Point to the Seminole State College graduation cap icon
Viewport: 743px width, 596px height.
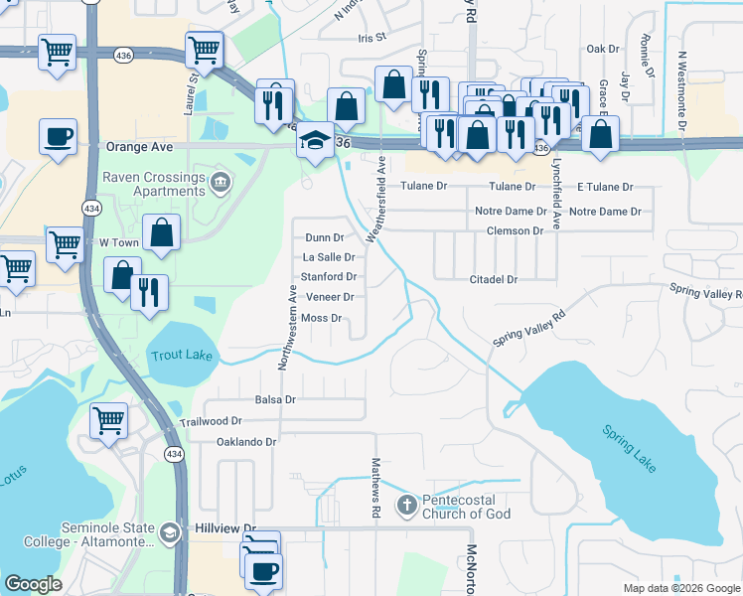[x=170, y=533]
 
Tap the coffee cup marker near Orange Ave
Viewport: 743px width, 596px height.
[x=58, y=136]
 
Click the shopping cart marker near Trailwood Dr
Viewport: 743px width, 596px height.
[x=108, y=420]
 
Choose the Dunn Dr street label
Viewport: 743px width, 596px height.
[x=324, y=237]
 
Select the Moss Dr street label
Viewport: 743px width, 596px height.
[x=321, y=318]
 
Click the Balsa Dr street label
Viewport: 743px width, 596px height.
[x=275, y=399]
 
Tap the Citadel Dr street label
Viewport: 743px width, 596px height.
[x=494, y=280]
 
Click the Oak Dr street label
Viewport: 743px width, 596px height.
[x=602, y=48]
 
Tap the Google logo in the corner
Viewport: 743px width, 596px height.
[x=33, y=584]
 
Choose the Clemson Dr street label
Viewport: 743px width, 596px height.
[x=515, y=230]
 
